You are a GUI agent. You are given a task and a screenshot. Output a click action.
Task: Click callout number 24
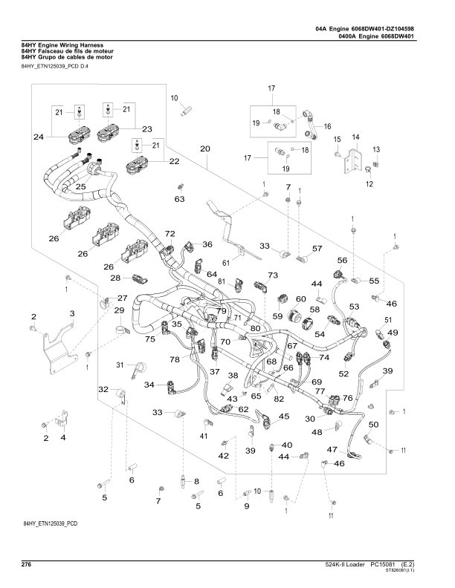tap(38, 137)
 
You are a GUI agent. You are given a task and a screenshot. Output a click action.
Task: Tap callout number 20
tap(205, 148)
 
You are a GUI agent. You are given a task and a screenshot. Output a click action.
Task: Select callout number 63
tap(179, 199)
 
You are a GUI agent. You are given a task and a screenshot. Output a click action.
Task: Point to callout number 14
tap(355, 137)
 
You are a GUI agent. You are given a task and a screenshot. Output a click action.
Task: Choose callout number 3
tap(72, 315)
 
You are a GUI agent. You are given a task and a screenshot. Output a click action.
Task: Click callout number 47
tap(333, 449)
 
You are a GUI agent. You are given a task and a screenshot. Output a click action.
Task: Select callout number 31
tap(120, 365)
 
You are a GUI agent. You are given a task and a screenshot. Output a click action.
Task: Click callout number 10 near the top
tap(175, 98)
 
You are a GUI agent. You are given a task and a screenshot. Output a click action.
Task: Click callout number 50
tap(373, 424)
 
